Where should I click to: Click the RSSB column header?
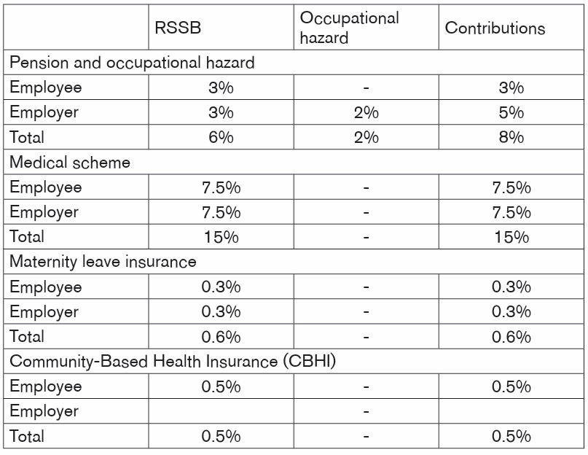click(x=178, y=28)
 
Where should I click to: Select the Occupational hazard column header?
click(x=350, y=28)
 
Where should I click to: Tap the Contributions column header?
click(x=495, y=28)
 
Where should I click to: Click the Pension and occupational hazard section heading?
click(x=132, y=62)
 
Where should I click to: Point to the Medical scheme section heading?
click(x=70, y=162)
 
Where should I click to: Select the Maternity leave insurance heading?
click(x=103, y=262)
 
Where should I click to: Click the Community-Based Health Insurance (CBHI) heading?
click(x=173, y=361)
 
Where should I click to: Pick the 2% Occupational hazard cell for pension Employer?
click(x=366, y=112)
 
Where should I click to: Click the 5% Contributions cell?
click(x=511, y=112)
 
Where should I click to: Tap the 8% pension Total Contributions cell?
click(x=511, y=137)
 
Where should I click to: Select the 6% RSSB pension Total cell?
click(x=221, y=137)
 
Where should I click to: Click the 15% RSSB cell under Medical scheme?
click(x=221, y=237)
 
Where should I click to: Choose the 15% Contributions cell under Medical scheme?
click(x=511, y=237)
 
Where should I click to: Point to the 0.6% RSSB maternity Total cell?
click(x=221, y=337)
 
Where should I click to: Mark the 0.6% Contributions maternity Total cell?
click(x=511, y=337)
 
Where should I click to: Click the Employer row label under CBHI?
click(x=44, y=411)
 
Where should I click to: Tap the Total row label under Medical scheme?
click(x=27, y=237)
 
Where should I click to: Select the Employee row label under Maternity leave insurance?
click(x=45, y=287)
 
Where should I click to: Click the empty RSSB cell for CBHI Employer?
click(x=221, y=411)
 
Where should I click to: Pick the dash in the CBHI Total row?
click(x=366, y=436)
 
